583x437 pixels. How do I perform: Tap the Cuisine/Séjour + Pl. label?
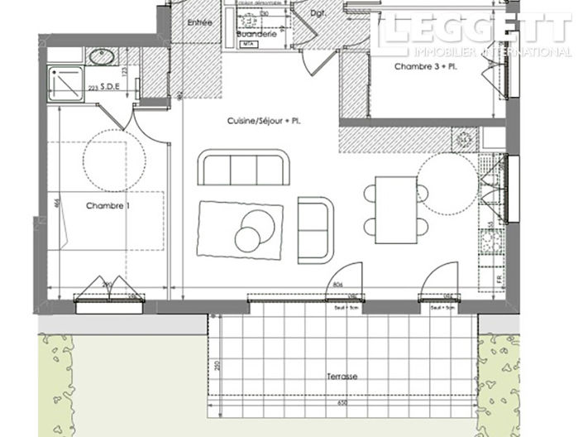[x=264, y=121]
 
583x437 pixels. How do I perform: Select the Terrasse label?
[x=342, y=376]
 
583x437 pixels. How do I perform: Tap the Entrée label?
[x=202, y=22]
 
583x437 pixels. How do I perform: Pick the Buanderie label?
[x=251, y=34]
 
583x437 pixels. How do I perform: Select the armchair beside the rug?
[x=315, y=229]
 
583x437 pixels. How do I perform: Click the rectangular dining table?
[x=394, y=209]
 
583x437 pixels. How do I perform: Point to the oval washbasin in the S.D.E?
[x=103, y=57]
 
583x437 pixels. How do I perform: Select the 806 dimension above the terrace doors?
[x=337, y=285]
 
